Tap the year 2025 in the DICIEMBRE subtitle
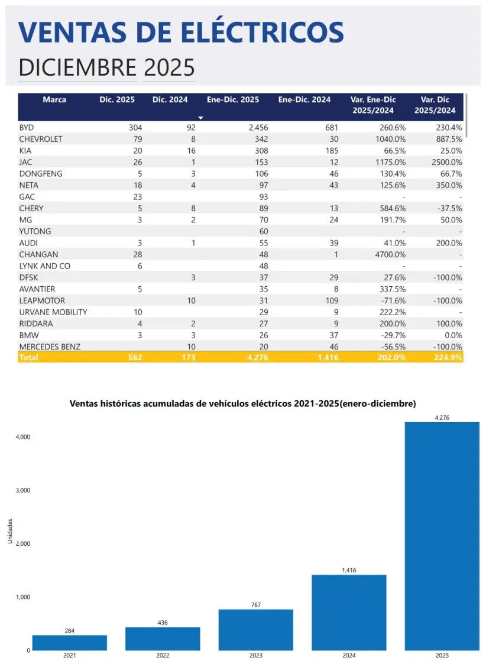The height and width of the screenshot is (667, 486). coord(169,68)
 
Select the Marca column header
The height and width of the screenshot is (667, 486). coord(54,100)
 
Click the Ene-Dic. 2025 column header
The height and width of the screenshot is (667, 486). coord(232,100)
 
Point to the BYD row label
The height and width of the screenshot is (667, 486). coord(27,128)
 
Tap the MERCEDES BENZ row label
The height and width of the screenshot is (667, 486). coord(50,347)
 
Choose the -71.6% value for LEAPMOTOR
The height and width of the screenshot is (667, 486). coord(392,300)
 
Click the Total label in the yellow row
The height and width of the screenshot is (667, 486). coord(29,358)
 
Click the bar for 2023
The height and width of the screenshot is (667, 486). coord(255,630)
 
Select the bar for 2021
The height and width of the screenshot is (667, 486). coord(70,643)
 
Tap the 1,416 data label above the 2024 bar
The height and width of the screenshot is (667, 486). coord(349,570)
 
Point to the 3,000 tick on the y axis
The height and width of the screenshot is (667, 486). coord(22,490)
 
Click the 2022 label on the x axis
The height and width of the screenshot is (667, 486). coord(163,655)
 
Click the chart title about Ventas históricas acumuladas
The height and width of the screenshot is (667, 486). coord(242,404)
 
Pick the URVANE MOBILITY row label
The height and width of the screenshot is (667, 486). coord(53,312)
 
